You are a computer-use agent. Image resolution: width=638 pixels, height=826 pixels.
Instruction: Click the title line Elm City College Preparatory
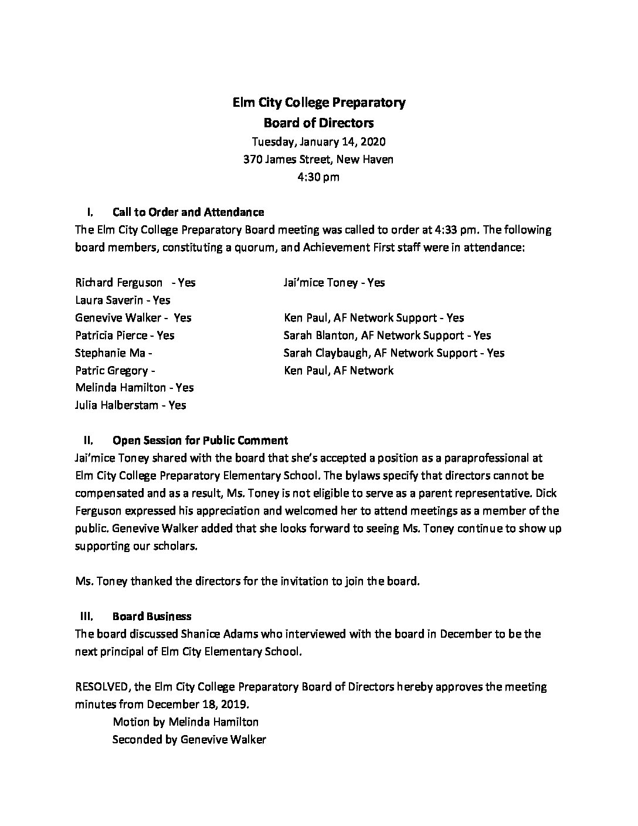319,103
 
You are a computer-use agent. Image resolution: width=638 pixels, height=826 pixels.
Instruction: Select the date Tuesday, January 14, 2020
319,141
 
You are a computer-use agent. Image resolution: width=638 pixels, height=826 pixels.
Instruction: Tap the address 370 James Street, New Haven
319,159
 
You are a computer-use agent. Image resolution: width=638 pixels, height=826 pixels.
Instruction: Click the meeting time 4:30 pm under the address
319,177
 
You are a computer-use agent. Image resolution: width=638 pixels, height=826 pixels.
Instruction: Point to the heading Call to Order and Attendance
188,212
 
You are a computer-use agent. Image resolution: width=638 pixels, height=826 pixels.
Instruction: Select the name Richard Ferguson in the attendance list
119,282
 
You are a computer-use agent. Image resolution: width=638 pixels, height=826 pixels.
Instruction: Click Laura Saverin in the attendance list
123,300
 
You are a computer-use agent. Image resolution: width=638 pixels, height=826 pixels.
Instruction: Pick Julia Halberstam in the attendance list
130,405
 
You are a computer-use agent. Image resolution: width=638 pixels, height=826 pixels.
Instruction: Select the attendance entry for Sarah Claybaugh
393,353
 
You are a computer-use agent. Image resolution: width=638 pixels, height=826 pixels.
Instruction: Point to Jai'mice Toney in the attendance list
334,282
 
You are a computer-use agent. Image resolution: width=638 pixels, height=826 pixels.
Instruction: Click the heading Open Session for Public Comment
200,440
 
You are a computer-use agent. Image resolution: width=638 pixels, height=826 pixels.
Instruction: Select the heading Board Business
151,616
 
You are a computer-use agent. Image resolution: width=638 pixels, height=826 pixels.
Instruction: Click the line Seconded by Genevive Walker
189,739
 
